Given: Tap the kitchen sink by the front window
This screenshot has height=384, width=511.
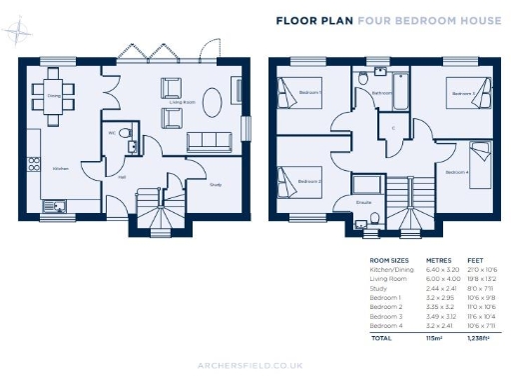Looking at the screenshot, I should pos(54,207).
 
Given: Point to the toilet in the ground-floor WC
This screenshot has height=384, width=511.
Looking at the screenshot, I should pos(123,132).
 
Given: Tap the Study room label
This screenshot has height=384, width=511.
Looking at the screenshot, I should pos(216,183).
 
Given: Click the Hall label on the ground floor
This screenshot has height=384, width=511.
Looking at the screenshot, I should pos(121,177).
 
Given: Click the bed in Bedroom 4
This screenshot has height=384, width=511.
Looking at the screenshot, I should pos(478,156).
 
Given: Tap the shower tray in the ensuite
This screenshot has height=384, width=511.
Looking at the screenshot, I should pos(370,185).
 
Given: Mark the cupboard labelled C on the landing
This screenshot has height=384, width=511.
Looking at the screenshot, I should pos(393,129).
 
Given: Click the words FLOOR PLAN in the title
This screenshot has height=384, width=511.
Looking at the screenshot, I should pos(309,19).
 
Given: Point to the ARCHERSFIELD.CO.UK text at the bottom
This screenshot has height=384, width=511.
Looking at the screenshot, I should pos(255,367).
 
